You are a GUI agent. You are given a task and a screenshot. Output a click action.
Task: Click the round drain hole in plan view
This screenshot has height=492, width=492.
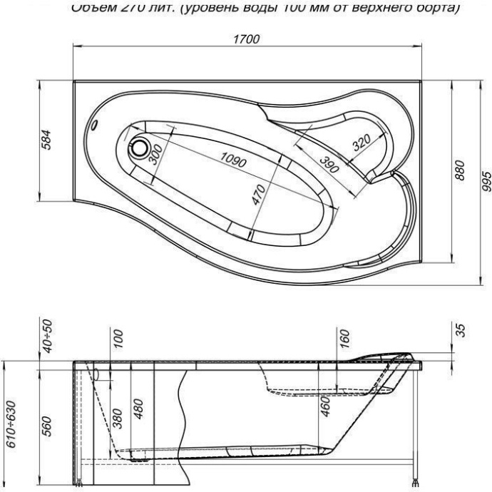coord(138,150)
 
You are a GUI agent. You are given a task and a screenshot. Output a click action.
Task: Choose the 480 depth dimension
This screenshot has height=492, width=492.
coord(140,409)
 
